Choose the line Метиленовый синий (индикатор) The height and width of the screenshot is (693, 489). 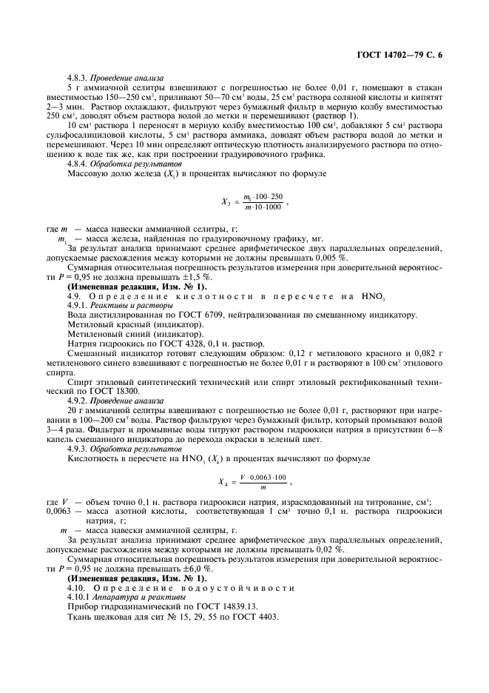pyautogui.click(x=120, y=335)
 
